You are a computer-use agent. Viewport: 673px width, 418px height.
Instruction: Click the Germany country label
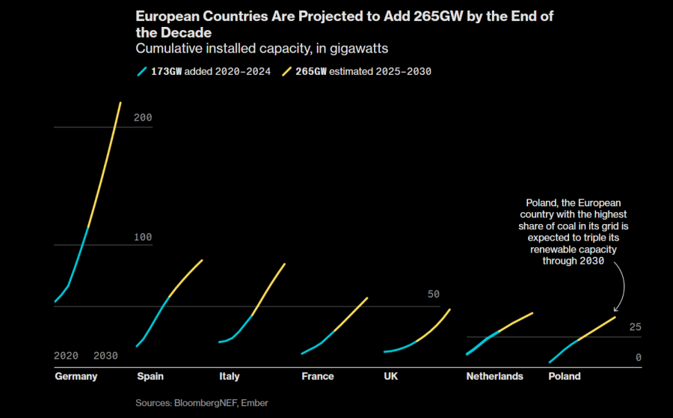[76, 376]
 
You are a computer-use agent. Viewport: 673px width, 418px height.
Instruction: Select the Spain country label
[150, 376]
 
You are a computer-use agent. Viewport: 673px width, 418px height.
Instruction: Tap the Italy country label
[230, 376]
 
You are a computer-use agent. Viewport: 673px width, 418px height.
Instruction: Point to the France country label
[318, 376]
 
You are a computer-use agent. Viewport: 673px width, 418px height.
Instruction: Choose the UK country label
[391, 376]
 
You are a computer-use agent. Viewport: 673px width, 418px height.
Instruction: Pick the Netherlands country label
[494, 376]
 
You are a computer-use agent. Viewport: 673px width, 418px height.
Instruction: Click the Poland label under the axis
[565, 376]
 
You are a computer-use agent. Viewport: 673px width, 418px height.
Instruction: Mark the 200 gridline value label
[143, 118]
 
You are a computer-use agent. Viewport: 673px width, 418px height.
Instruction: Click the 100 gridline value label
[143, 237]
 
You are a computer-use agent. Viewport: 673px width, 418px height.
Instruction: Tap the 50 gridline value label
[434, 294]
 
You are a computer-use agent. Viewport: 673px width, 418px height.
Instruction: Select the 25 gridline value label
[636, 327]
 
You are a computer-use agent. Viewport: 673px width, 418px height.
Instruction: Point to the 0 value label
[639, 358]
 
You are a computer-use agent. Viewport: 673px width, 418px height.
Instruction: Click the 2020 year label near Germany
[66, 356]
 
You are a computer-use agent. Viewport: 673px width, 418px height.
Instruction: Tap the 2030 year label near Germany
[105, 356]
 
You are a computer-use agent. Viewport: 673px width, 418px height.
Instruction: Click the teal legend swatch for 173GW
[141, 72]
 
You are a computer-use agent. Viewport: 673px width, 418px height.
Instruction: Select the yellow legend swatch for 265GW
[287, 72]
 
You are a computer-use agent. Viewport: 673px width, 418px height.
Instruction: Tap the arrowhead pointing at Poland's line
[615, 309]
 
